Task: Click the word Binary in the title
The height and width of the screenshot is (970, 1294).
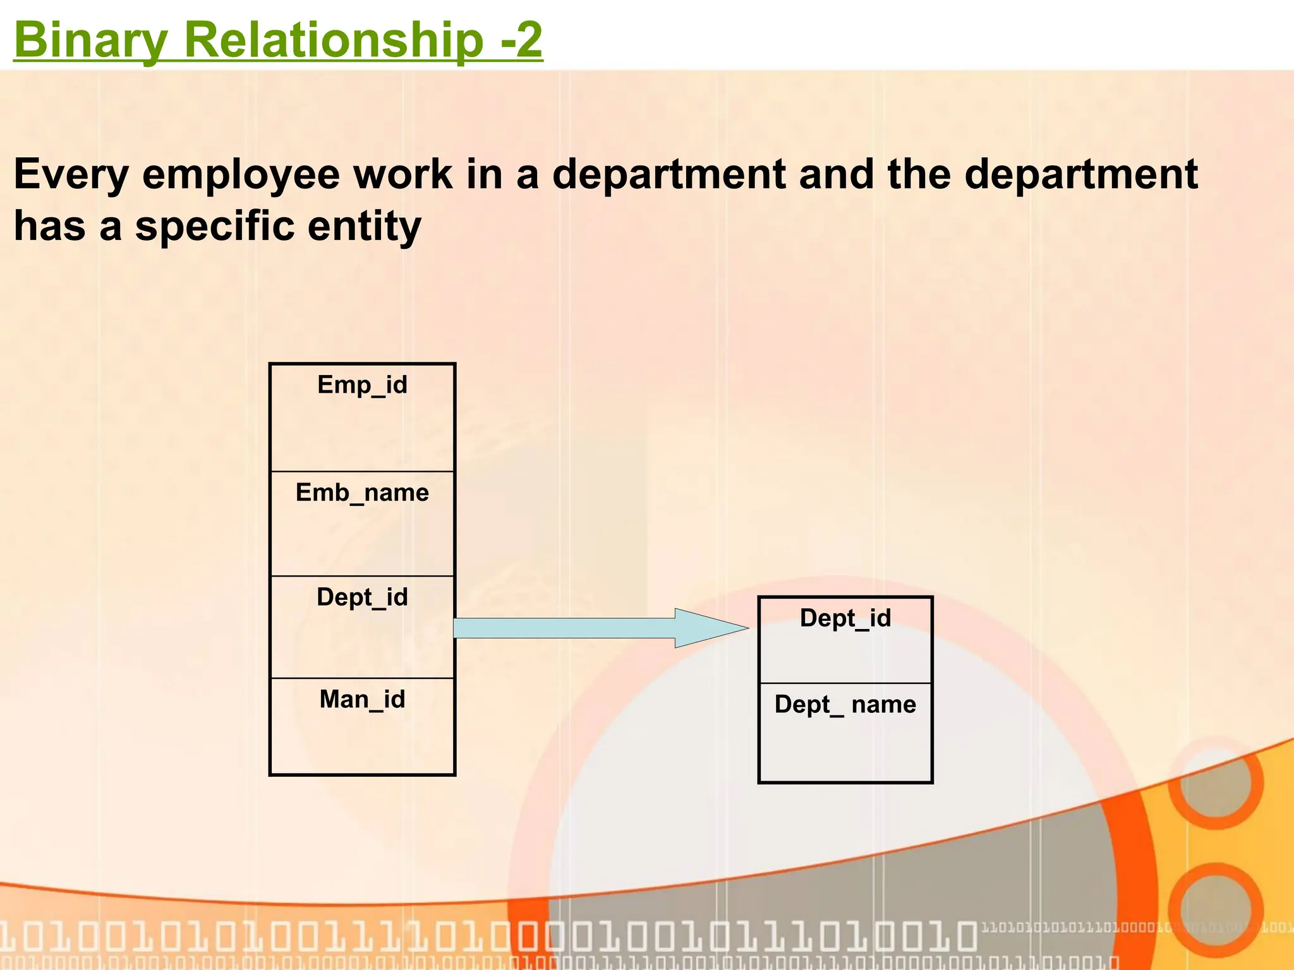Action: click(x=90, y=40)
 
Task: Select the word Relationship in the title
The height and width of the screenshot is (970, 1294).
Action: click(x=333, y=40)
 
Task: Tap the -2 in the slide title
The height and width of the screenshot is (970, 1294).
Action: click(x=521, y=40)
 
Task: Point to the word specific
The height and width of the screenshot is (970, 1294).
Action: click(x=215, y=226)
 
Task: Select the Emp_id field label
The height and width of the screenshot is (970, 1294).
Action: click(x=362, y=385)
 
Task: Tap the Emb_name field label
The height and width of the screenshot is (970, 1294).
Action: click(x=362, y=493)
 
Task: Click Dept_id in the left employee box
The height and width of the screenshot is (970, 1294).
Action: click(x=362, y=597)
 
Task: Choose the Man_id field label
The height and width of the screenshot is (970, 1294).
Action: click(x=362, y=700)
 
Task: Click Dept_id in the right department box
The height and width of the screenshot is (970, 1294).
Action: click(x=845, y=618)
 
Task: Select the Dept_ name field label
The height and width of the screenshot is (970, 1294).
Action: click(x=845, y=704)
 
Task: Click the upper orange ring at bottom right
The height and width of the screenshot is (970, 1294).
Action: click(x=1215, y=782)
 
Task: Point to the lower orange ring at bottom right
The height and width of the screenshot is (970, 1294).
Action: click(x=1215, y=909)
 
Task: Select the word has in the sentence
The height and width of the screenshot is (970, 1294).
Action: click(x=49, y=226)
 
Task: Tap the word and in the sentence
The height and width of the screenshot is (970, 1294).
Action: click(x=837, y=174)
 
